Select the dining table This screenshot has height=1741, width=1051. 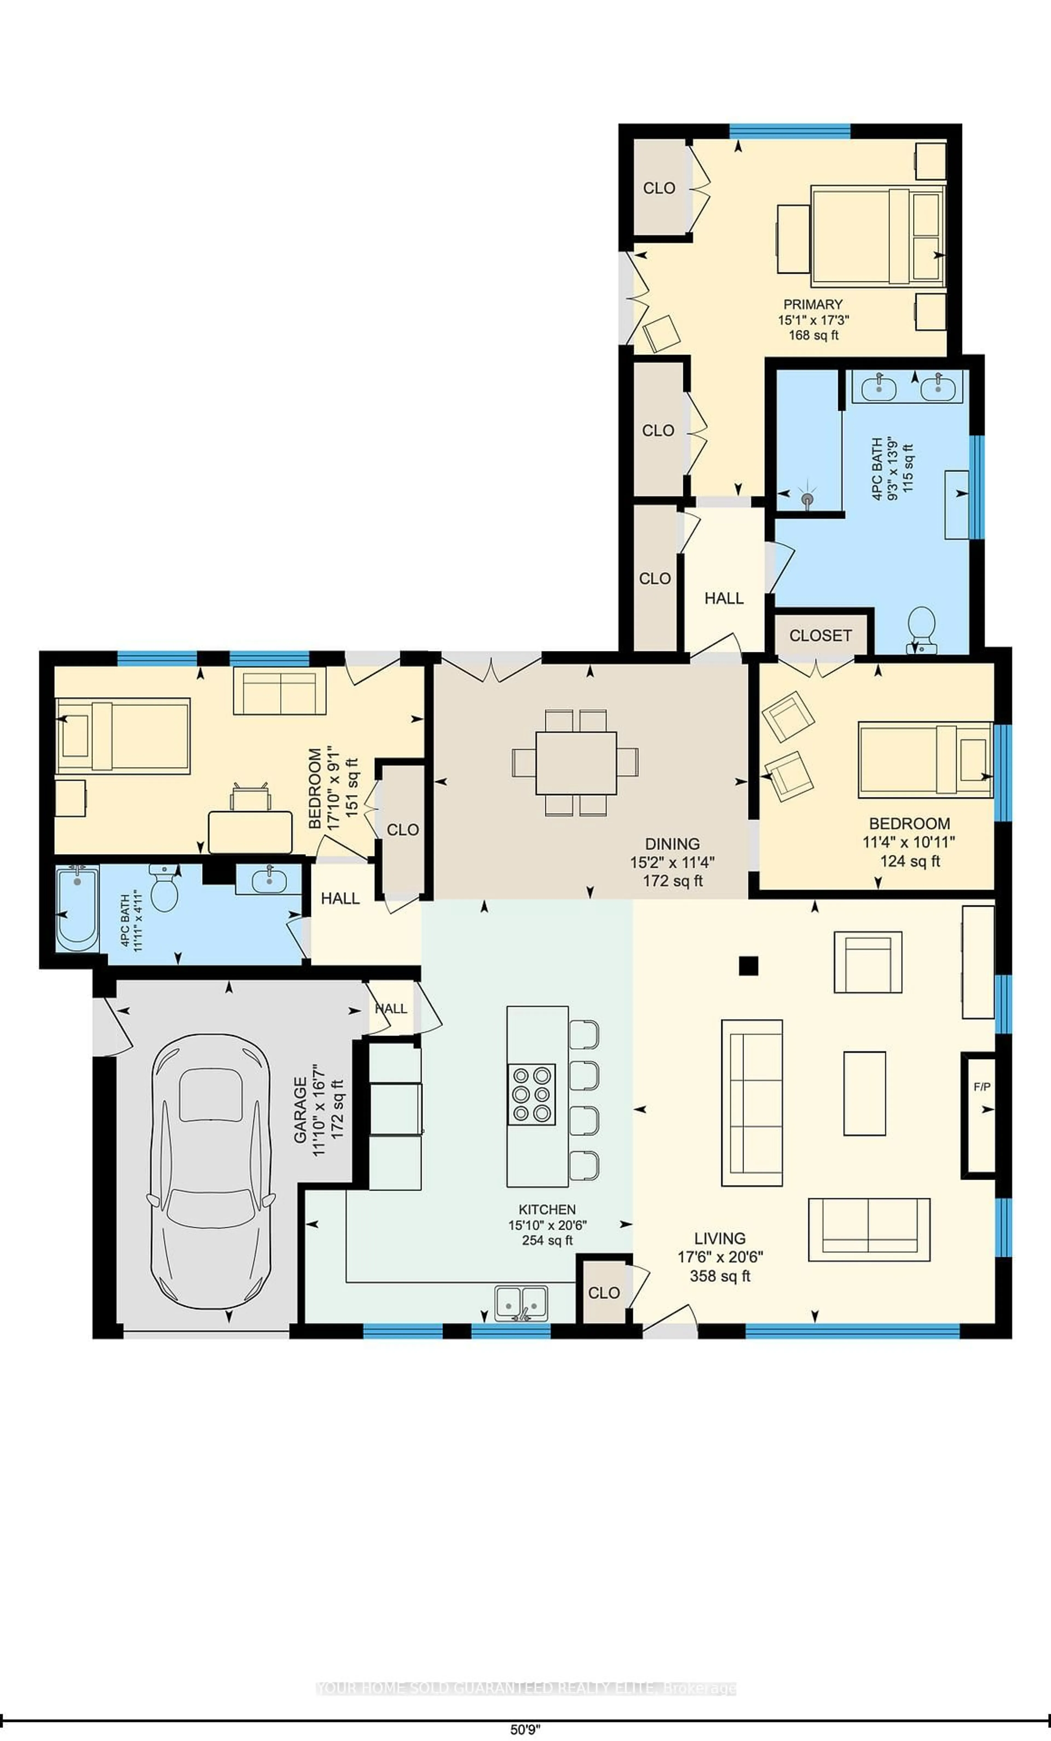coord(576,763)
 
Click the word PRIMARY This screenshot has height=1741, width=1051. coord(813,304)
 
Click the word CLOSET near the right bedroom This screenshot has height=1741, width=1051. coord(820,635)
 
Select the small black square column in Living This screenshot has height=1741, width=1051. coord(749,965)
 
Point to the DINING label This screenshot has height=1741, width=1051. coord(672,844)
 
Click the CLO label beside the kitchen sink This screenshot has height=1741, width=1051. coord(604,1292)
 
